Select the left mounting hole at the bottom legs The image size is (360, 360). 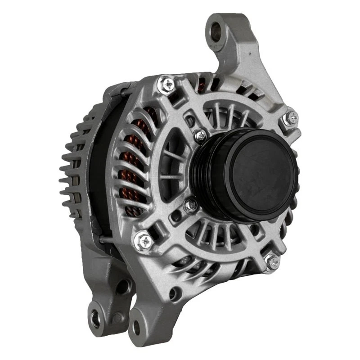[96, 319]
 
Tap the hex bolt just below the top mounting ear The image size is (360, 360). [290, 118]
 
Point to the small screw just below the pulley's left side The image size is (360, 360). [191, 206]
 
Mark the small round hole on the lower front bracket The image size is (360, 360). [173, 294]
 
